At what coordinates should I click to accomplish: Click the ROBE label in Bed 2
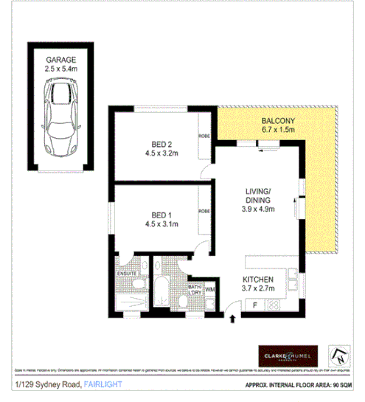(x=203, y=136)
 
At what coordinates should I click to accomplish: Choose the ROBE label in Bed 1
(x=203, y=212)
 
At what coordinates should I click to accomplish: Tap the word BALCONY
(x=277, y=121)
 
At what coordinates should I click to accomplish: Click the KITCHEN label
(x=259, y=280)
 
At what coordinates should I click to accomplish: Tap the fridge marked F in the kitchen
(x=254, y=303)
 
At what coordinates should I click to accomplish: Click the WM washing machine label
(x=209, y=288)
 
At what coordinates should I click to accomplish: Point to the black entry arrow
(x=234, y=319)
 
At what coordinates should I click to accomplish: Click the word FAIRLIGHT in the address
(x=102, y=384)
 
